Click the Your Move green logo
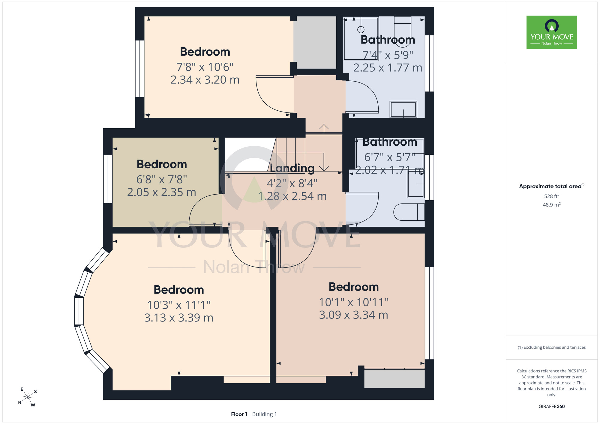552,32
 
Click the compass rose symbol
28,397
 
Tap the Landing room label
292,168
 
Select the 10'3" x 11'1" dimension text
179,305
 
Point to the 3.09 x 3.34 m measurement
353,315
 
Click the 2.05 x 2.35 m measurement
162,192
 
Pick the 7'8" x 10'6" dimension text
205,67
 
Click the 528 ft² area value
552,196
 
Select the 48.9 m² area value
552,205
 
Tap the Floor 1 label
239,414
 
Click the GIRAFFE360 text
552,407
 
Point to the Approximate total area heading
552,186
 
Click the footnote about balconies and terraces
552,347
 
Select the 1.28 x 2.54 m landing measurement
292,196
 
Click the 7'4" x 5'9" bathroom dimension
388,55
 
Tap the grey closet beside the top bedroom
315,42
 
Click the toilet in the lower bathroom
409,212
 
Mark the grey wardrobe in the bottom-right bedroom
394,379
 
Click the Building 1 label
265,414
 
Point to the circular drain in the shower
361,29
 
